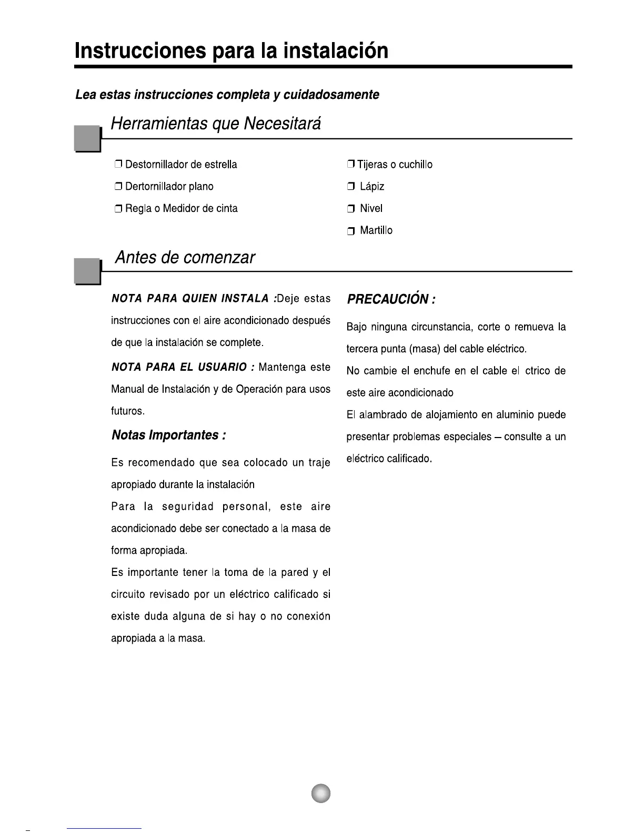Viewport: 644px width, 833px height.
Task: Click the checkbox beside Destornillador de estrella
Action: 118,165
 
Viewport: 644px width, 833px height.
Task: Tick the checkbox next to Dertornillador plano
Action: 118,187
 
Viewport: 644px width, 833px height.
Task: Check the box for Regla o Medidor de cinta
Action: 118,209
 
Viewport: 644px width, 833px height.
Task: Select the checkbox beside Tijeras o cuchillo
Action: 351,165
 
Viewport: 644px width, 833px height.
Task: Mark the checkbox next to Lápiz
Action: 351,187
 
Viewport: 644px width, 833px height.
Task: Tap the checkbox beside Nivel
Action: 351,209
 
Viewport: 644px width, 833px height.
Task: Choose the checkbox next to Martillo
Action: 351,231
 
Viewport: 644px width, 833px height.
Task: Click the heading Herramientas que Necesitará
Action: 216,124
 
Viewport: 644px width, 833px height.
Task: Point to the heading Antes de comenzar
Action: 185,258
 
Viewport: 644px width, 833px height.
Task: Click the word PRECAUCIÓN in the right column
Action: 387,299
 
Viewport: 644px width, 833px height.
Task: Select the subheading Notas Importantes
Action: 168,435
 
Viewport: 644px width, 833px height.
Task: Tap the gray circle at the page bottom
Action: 320,793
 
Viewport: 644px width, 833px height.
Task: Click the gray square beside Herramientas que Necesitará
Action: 87,138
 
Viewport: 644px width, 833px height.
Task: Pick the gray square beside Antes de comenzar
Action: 87,271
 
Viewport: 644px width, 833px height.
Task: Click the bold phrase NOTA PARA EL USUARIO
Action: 179,367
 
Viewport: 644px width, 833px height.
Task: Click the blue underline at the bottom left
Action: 104,828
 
